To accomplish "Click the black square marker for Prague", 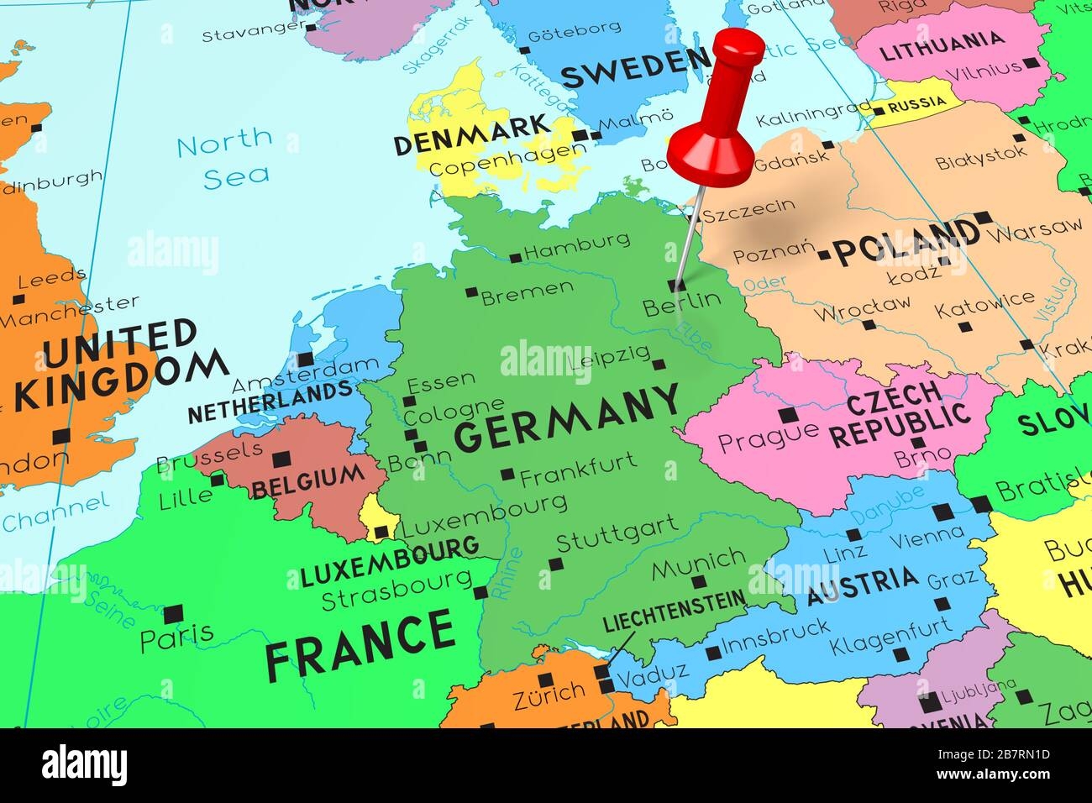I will pos(788,414).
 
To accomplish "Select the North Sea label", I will pos(225,155).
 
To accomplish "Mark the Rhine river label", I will pos(509,574).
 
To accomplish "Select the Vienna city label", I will pos(926,537).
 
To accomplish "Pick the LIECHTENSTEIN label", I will pos(674,611).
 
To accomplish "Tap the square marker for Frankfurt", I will pos(507,475).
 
